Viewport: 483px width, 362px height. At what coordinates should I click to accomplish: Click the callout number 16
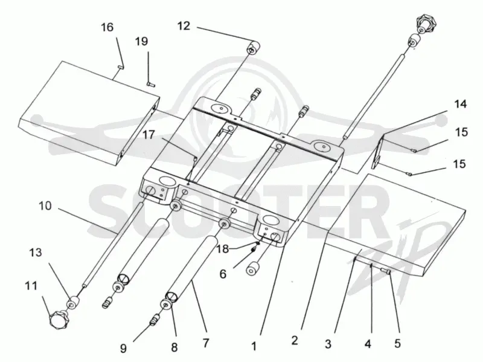pyautogui.click(x=107, y=27)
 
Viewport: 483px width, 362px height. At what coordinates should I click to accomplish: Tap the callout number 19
pyautogui.click(x=142, y=41)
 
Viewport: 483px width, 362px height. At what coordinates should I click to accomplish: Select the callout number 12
pyautogui.click(x=184, y=26)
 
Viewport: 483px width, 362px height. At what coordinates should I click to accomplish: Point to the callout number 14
pyautogui.click(x=461, y=104)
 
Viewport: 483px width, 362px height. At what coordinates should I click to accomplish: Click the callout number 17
pyautogui.click(x=149, y=135)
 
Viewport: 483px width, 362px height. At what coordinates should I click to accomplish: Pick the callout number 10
pyautogui.click(x=45, y=205)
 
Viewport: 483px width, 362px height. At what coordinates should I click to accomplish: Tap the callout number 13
pyautogui.click(x=36, y=253)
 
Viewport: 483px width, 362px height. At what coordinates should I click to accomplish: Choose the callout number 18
pyautogui.click(x=222, y=248)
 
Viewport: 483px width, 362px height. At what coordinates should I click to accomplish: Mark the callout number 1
pyautogui.click(x=254, y=346)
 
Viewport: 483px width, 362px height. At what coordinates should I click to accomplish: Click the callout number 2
pyautogui.click(x=295, y=340)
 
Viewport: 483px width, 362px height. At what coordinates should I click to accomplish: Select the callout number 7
pyautogui.click(x=206, y=343)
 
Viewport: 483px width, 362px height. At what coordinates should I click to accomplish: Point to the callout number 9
pyautogui.click(x=123, y=349)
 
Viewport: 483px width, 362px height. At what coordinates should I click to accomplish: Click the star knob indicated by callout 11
pyautogui.click(x=59, y=320)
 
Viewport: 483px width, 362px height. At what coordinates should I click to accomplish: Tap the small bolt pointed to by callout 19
pyautogui.click(x=150, y=84)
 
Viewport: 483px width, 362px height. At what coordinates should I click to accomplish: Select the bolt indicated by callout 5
pyautogui.click(x=386, y=271)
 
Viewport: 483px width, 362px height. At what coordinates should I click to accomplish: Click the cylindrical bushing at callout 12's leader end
pyautogui.click(x=254, y=49)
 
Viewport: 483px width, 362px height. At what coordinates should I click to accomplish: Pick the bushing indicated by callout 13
pyautogui.click(x=73, y=303)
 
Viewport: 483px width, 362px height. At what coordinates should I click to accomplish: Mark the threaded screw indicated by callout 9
pyautogui.click(x=154, y=320)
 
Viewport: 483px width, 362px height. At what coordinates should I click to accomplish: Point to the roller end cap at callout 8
pyautogui.click(x=167, y=305)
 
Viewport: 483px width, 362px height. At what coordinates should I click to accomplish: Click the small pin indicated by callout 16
pyautogui.click(x=120, y=68)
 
